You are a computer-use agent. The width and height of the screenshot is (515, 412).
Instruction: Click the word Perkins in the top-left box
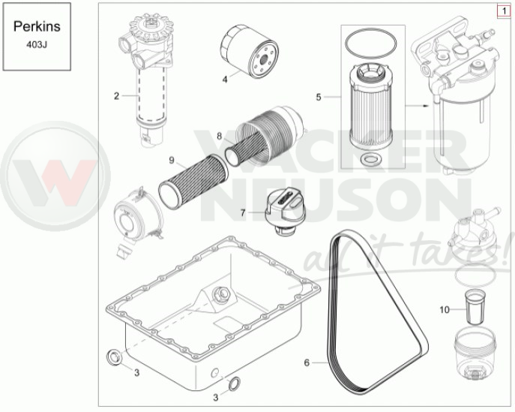[37, 26]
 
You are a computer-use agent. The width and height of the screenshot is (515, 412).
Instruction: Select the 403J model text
[37, 45]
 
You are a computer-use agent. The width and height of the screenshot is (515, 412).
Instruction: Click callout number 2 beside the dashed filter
[116, 96]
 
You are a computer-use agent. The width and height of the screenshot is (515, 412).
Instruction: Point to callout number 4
[225, 80]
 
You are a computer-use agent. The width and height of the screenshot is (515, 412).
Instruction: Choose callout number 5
[319, 97]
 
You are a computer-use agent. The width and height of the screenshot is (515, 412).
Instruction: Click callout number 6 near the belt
[307, 362]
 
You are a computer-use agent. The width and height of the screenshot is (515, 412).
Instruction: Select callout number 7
[243, 213]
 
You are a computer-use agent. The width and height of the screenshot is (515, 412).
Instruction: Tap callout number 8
[219, 136]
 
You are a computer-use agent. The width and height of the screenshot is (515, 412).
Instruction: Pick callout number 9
[172, 160]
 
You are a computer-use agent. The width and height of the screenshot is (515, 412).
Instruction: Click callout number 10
[444, 309]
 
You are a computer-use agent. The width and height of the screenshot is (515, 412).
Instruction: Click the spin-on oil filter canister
[250, 51]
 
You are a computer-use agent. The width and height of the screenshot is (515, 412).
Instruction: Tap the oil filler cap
[283, 210]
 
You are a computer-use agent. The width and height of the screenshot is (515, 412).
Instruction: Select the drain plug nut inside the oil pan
[220, 293]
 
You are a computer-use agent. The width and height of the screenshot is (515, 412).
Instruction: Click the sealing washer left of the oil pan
[114, 357]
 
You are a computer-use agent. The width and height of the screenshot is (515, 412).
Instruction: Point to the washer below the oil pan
[234, 383]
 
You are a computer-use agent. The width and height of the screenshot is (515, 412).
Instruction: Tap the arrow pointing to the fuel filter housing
[417, 106]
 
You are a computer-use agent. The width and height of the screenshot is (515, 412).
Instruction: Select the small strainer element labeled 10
[474, 308]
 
